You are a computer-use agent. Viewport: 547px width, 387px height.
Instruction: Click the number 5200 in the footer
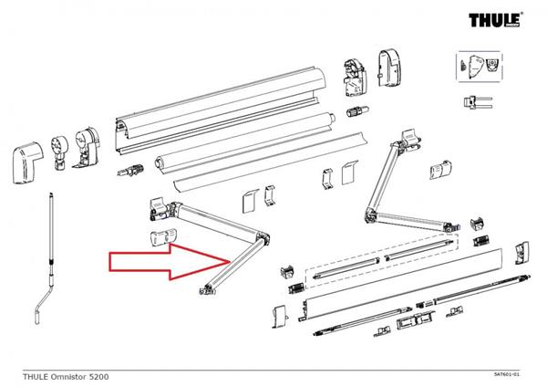pyautogui.click(x=99, y=377)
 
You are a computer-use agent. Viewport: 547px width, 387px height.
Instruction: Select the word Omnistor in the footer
pyautogui.click(x=69, y=377)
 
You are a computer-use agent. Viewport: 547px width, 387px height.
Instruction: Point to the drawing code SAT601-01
pyautogui.click(x=507, y=374)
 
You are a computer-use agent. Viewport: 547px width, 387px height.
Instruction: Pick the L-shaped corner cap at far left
pyautogui.click(x=28, y=162)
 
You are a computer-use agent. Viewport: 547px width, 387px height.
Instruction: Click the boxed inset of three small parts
pyautogui.click(x=480, y=67)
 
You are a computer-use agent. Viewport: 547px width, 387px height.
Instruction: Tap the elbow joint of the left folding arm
pyautogui.click(x=263, y=238)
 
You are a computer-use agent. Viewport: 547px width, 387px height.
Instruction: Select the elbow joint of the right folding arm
pyautogui.click(x=370, y=214)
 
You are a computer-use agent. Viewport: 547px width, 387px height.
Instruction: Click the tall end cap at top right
pyautogui.click(x=390, y=68)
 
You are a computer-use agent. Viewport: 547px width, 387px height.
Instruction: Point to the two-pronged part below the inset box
pyautogui.click(x=478, y=102)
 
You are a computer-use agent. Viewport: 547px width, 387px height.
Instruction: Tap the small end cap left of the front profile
pyautogui.click(x=280, y=317)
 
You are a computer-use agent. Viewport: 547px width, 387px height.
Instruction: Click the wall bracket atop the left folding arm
pyautogui.click(x=158, y=208)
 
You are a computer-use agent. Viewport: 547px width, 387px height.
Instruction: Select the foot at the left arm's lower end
pyautogui.click(x=207, y=289)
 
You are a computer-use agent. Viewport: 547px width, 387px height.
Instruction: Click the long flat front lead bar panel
pyautogui.click(x=401, y=284)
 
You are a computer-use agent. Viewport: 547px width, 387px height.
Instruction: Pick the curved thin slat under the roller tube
pyautogui.click(x=271, y=162)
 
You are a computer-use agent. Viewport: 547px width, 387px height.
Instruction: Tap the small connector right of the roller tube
pyautogui.click(x=357, y=111)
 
